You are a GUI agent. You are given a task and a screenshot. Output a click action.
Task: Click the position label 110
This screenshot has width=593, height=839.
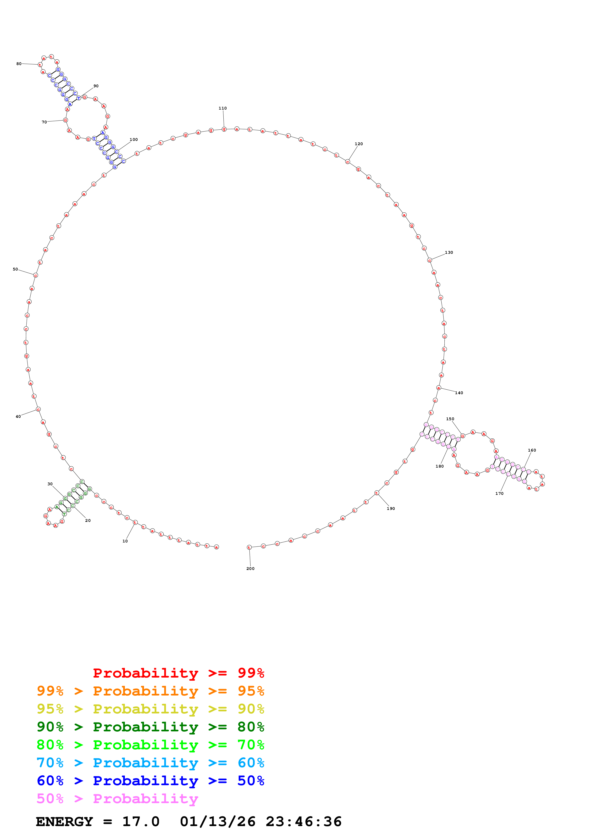(222, 108)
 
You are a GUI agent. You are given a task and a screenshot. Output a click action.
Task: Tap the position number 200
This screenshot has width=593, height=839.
(250, 569)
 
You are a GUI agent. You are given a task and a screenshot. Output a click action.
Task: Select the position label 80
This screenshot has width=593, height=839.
(19, 64)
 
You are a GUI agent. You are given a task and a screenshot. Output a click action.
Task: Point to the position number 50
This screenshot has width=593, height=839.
(15, 269)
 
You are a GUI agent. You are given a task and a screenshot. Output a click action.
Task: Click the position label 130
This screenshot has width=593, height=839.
(449, 253)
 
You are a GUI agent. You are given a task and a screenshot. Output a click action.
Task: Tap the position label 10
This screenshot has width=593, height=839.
(125, 541)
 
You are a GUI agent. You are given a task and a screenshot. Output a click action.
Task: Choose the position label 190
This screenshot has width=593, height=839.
(391, 509)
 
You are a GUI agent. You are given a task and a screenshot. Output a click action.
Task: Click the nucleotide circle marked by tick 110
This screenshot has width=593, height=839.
(224, 129)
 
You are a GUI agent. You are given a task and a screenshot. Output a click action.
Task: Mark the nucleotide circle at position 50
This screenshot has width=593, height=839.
(35, 275)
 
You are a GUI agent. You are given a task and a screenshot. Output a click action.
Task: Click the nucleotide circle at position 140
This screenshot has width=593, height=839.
(438, 388)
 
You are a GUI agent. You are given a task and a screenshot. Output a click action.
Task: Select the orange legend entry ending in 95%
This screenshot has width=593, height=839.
(150, 691)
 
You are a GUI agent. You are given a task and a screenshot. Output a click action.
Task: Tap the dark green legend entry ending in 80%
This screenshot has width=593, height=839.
(150, 727)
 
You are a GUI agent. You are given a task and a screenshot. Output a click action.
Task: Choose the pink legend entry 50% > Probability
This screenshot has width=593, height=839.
(117, 798)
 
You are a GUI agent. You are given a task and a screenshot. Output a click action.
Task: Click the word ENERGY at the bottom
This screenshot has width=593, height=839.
(64, 822)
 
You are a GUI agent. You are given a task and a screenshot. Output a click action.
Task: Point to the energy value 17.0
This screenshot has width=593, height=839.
(141, 822)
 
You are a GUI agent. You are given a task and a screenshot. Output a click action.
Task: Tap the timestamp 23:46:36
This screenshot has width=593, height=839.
(304, 822)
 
